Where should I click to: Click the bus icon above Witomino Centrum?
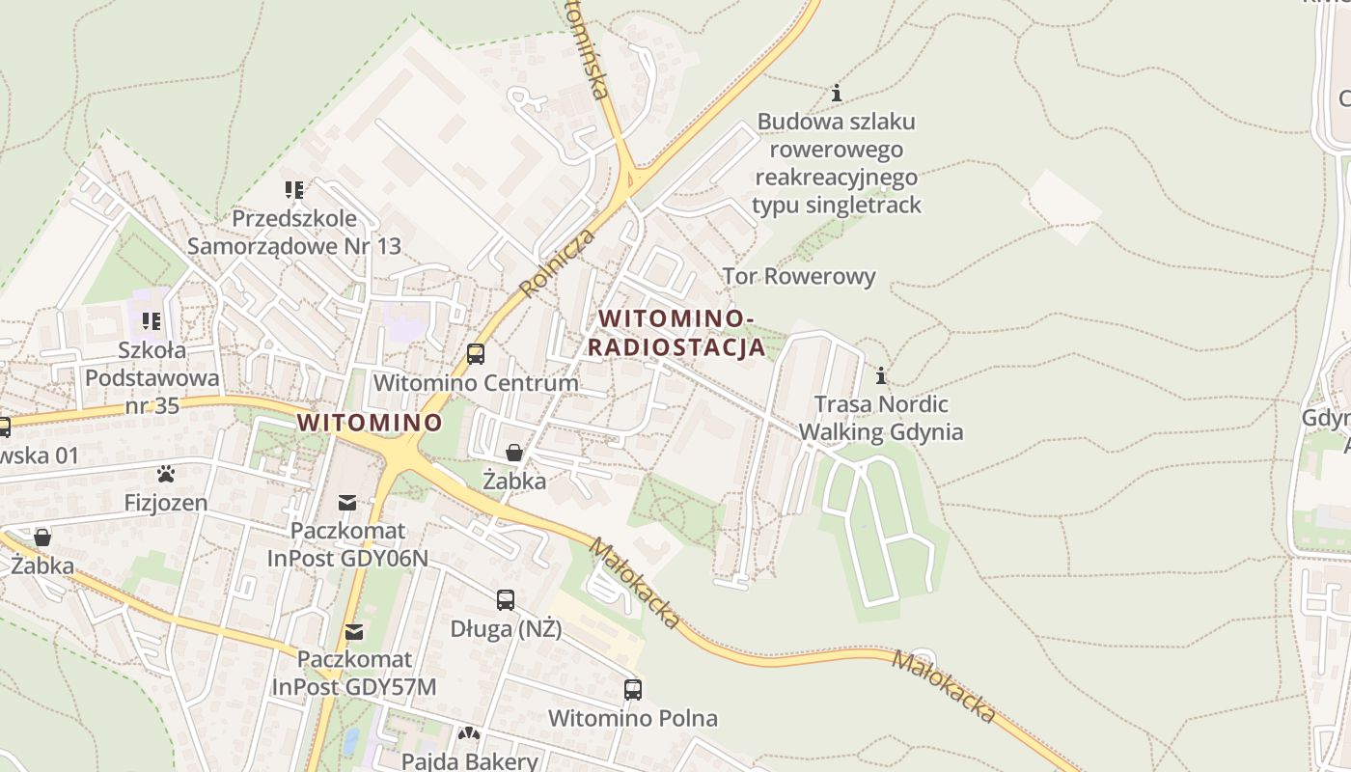476,354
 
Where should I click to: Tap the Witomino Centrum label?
476,382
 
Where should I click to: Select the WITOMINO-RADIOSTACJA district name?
675,332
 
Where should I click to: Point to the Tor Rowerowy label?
799,277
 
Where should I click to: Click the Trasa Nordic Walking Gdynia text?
880,418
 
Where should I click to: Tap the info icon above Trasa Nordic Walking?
880,375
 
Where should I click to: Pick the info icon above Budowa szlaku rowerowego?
837,94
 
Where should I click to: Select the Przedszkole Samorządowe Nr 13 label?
294,233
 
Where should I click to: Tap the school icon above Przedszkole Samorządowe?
294,190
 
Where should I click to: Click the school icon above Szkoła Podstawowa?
152,320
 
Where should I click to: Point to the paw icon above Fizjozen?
166,474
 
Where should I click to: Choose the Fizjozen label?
166,503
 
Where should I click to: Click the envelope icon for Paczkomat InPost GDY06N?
347,503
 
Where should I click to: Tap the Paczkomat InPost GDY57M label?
354,673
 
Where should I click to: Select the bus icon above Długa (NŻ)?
506,600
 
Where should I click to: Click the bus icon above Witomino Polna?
633,690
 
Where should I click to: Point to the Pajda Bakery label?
470,760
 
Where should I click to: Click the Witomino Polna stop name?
633,718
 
